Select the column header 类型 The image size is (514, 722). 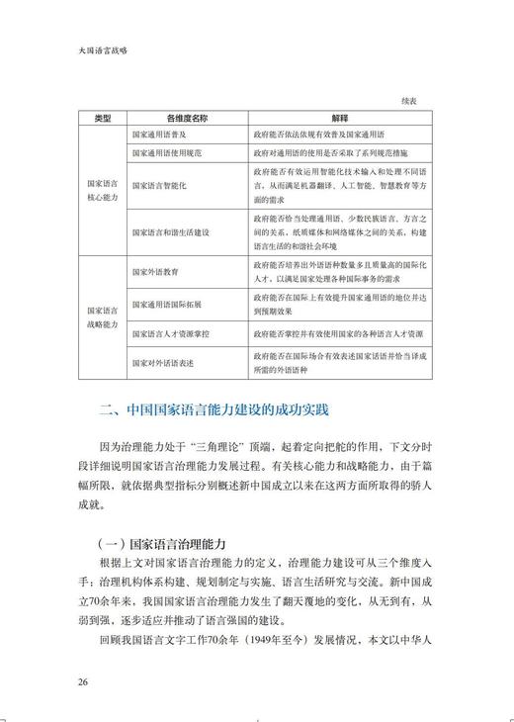(102, 117)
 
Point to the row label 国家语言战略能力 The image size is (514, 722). (102, 316)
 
